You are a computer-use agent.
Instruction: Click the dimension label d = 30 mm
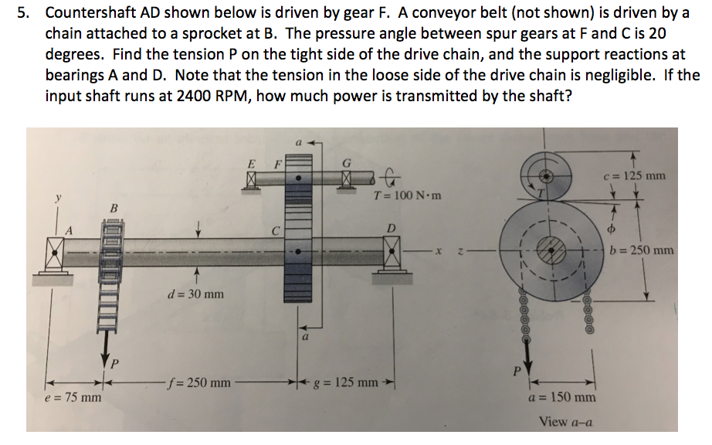point(196,294)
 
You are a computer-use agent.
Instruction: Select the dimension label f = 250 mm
point(199,382)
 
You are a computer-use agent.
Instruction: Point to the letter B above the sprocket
point(115,206)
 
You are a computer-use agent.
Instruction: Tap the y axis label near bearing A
point(56,199)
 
